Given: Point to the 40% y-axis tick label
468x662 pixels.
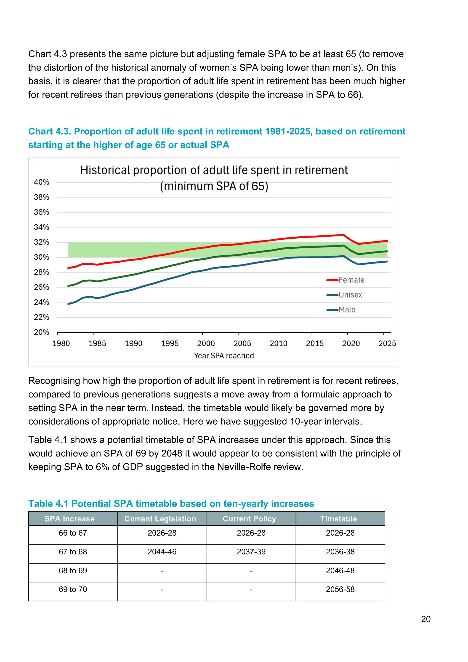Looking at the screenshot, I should click(x=42, y=182).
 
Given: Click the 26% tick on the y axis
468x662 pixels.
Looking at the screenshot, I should click(x=42, y=287).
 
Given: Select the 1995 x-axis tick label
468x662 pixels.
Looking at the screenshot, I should click(x=170, y=343).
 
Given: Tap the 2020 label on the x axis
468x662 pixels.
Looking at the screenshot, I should click(x=351, y=343).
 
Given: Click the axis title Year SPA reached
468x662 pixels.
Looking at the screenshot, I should click(x=224, y=356).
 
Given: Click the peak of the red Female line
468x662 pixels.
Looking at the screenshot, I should click(x=343, y=235).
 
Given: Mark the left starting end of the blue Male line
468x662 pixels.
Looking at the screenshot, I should click(x=68, y=304).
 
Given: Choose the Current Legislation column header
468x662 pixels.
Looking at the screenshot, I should click(x=160, y=519).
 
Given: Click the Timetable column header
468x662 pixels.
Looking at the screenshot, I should click(x=338, y=519).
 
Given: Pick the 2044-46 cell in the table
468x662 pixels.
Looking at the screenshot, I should click(x=162, y=552).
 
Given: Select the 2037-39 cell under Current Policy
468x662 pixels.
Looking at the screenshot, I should click(x=251, y=552).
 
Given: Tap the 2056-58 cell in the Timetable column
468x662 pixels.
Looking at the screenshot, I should click(x=340, y=589).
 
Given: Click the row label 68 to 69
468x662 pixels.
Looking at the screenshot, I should click(x=73, y=571).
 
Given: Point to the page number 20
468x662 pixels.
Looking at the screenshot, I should click(x=426, y=619).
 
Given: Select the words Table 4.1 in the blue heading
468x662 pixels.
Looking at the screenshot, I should click(x=48, y=504).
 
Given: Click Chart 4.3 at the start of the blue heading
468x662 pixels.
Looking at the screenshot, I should click(x=49, y=131).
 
